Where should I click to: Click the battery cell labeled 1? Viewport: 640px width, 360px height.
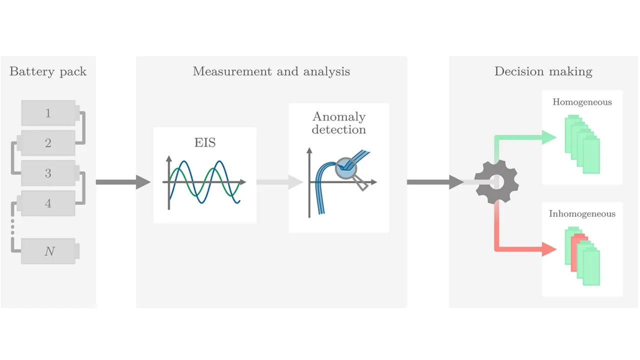click(x=48, y=113)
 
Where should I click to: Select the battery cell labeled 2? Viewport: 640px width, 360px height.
click(x=48, y=143)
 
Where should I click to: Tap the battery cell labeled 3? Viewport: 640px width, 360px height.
click(x=48, y=173)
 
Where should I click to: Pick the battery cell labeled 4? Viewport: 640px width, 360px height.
click(x=48, y=203)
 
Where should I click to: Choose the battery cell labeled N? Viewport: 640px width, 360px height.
click(x=49, y=251)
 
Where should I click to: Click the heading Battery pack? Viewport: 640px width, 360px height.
click(x=48, y=71)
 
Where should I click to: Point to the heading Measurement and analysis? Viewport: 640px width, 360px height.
click(x=271, y=71)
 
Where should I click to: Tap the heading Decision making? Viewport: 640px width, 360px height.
click(x=543, y=71)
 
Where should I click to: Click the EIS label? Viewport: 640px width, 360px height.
click(x=205, y=142)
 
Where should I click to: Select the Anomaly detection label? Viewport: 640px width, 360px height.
click(x=339, y=123)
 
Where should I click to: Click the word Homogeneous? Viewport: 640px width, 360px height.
click(x=582, y=102)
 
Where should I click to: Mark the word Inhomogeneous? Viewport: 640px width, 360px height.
click(x=582, y=214)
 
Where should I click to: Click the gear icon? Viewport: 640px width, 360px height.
click(x=495, y=182)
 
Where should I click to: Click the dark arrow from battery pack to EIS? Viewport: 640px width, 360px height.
click(x=122, y=182)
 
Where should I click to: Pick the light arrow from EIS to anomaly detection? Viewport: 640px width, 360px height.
click(x=280, y=182)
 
